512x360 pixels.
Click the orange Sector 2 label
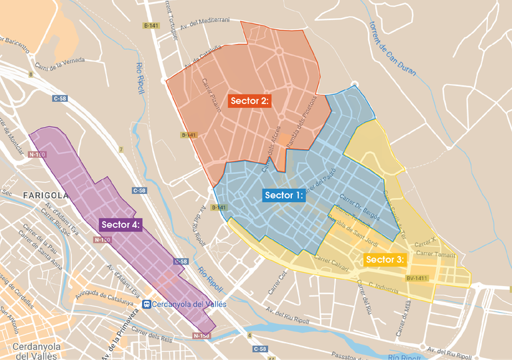(x=249, y=101)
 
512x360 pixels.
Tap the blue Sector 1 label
(x=285, y=195)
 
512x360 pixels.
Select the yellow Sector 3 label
(x=385, y=259)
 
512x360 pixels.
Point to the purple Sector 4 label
(x=120, y=225)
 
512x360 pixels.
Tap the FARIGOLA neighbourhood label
(x=45, y=195)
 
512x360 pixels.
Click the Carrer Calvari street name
(x=331, y=261)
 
